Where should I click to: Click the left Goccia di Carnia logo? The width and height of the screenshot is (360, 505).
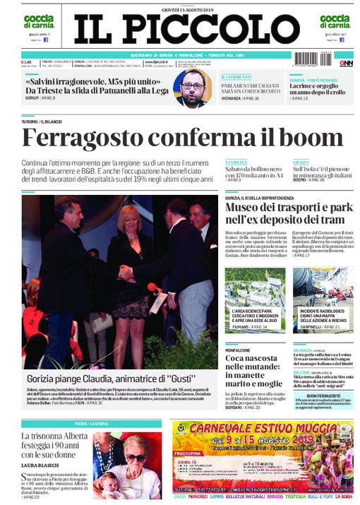37,20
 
